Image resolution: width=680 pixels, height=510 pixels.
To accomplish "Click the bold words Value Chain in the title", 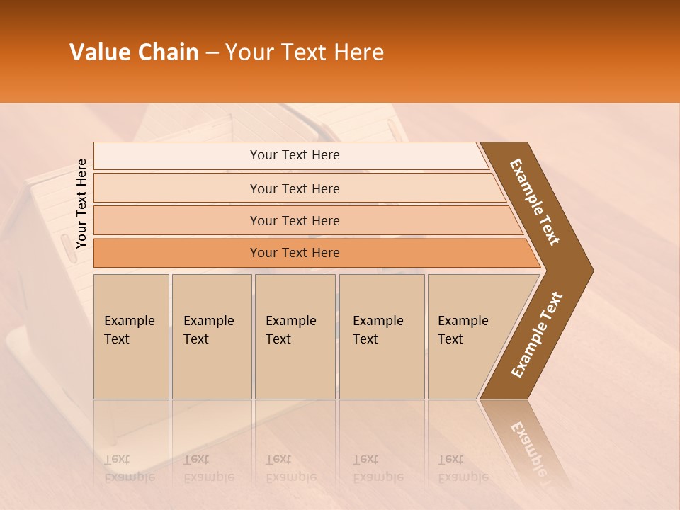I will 134,52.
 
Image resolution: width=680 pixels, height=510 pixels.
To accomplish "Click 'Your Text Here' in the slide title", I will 305,52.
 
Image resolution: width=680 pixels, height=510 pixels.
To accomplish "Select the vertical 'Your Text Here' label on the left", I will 81,203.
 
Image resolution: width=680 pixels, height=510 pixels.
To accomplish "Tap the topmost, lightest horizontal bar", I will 295,155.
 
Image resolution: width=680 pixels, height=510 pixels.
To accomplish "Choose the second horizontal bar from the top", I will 295,188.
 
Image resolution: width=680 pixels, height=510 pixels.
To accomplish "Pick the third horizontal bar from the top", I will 295,220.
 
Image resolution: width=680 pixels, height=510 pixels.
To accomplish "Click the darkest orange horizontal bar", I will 295,253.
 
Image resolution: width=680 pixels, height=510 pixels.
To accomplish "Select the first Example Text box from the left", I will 131,336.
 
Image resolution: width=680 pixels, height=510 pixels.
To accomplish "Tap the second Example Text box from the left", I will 211,336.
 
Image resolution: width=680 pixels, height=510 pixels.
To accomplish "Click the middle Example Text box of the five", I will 295,336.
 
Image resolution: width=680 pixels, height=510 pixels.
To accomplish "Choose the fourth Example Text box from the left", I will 382,336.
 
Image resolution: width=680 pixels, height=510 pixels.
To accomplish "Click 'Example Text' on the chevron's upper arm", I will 535,202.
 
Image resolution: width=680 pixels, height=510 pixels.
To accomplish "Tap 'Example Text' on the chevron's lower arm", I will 537,335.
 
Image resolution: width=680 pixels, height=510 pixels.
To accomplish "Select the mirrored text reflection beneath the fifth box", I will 463,468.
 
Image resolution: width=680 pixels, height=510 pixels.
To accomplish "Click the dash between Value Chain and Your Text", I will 212,53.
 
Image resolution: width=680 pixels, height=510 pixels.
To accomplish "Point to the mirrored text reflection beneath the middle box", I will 290,468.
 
